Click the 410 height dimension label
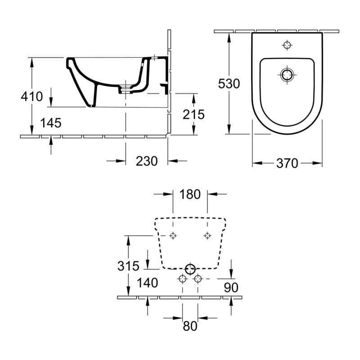31,96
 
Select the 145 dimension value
50,123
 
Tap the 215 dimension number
193,114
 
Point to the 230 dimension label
146,161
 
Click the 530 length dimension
229,84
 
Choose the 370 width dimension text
287,163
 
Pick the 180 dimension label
190,194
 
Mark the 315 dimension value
128,266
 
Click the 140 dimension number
148,283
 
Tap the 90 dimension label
230,287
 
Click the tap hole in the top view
287,45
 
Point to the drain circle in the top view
287,74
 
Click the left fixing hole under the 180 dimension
173,235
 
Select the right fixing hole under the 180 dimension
207,235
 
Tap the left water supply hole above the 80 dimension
182,279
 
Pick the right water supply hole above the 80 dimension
197,279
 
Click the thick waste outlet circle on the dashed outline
190,269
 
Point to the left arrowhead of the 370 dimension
255,163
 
